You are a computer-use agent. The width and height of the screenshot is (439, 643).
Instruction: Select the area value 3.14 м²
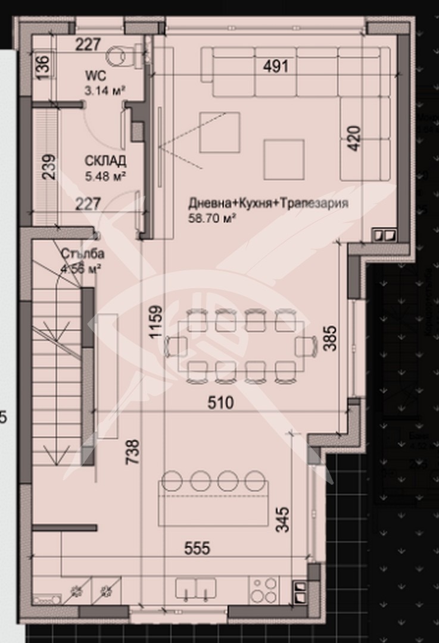(x=104, y=91)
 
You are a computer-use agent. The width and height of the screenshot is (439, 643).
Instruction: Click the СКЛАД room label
(x=105, y=161)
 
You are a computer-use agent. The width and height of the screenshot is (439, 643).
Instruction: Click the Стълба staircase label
(x=82, y=254)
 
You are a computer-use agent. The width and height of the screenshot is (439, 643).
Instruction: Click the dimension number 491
(x=275, y=66)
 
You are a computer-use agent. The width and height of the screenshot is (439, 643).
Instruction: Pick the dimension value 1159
(x=155, y=322)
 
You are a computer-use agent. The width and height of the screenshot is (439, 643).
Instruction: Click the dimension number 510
(x=220, y=403)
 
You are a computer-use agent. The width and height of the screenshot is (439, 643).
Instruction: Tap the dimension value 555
(x=197, y=548)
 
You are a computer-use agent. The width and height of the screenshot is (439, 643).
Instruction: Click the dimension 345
(x=282, y=520)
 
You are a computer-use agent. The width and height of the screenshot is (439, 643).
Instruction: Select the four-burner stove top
(x=263, y=589)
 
